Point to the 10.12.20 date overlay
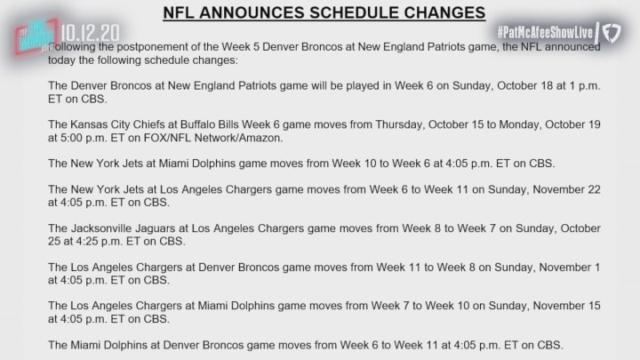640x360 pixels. coord(90,33)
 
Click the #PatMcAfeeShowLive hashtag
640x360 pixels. coord(545,33)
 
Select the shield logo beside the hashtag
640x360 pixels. coord(612,33)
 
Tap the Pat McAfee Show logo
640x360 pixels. coord(36,36)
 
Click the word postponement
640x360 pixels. coord(152,47)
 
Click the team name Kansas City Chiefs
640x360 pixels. coord(123,124)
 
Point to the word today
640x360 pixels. coord(61,60)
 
